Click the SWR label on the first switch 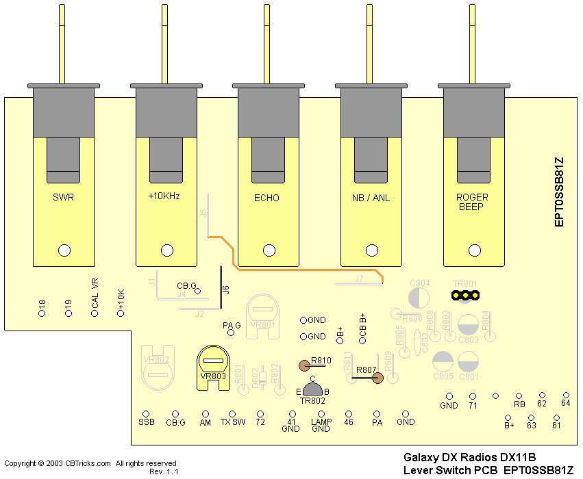click(63, 198)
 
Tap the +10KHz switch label click(164, 196)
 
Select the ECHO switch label click(266, 198)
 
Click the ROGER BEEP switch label click(471, 201)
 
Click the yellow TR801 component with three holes click(464, 296)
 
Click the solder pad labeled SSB click(145, 414)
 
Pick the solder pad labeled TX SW click(233, 414)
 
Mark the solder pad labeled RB click(519, 396)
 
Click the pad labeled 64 click(566, 396)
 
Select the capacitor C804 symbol click(419, 297)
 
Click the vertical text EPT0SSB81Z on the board click(559, 192)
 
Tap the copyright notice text click(90, 463)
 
